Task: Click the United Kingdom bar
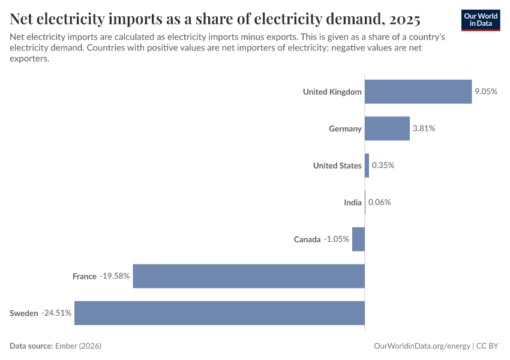418,92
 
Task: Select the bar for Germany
387,128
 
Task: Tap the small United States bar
367,166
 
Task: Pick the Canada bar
358,239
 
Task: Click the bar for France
249,276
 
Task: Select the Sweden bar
220,313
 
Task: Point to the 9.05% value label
486,92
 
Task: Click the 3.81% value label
424,128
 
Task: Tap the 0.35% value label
383,166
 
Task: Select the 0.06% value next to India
379,202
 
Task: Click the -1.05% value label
337,239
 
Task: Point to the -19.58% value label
115,276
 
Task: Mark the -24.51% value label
56,313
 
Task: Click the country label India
353,202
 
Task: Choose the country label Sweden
24,313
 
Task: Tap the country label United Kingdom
332,92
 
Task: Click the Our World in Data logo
480,20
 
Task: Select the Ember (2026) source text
78,346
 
